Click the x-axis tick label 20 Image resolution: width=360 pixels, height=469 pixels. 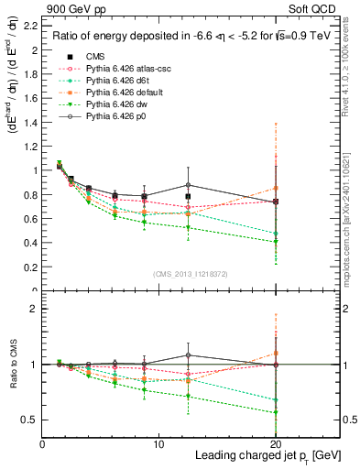point(275,443)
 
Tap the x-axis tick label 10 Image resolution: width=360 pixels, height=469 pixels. point(158,443)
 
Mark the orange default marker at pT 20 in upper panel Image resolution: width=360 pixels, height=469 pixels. point(276,188)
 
